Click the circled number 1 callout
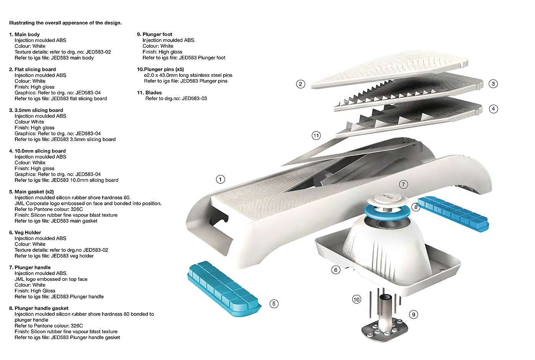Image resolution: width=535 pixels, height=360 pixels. tap(220, 179)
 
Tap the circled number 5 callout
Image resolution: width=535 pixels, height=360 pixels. tap(274, 303)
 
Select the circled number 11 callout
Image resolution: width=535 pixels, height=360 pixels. tap(316, 136)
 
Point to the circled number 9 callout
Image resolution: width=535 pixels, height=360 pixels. tap(413, 315)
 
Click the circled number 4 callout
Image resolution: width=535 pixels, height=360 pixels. tap(493, 109)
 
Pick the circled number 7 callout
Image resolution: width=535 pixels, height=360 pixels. tap(404, 185)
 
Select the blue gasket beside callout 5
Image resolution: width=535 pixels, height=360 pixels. tap(224, 289)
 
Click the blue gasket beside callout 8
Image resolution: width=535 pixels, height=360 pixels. tap(453, 214)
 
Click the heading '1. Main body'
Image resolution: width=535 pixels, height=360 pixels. tap(24, 34)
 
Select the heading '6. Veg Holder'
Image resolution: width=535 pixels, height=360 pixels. tap(25, 232)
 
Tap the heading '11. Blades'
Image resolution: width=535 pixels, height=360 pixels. tap(149, 93)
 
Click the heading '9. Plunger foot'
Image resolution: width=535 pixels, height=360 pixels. tap(154, 34)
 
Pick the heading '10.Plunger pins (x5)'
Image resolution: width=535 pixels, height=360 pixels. tap(160, 69)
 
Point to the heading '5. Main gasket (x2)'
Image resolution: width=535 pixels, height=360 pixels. tap(31, 191)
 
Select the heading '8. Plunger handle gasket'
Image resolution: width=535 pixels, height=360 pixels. tap(39, 308)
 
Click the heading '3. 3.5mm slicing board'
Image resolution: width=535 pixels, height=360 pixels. tap(36, 110)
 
